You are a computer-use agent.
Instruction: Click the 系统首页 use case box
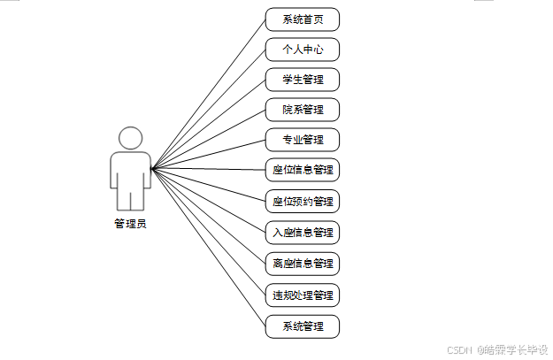point(302,19)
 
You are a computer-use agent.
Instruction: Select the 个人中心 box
point(302,50)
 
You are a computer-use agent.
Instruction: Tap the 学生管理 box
point(302,80)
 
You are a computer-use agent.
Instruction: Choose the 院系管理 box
point(302,110)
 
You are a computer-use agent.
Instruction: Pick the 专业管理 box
point(302,140)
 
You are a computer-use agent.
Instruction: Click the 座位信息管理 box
point(302,169)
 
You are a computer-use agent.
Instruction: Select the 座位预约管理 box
point(302,201)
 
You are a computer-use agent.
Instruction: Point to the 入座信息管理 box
point(302,233)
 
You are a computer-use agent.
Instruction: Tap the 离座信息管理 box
point(302,263)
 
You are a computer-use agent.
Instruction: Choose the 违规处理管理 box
point(302,294)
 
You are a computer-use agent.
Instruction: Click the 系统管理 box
point(302,326)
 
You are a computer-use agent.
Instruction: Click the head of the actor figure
point(130,138)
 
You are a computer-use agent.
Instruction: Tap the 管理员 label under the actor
point(130,224)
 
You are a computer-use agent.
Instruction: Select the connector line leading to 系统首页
point(209,93)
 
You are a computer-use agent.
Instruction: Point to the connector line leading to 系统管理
point(209,248)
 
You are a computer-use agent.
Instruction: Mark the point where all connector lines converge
point(152,169)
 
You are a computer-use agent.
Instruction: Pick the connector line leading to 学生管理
point(209,124)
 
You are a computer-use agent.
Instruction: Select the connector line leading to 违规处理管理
point(209,232)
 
